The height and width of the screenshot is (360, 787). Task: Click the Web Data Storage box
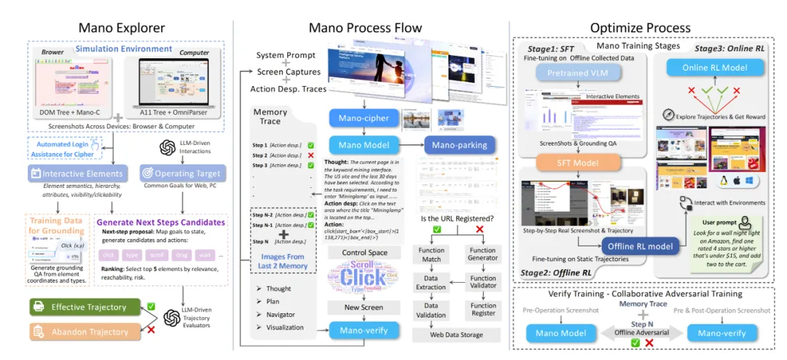tap(458, 334)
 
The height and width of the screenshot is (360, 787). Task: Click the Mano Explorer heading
tap(122, 28)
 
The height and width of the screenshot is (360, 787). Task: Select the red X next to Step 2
tap(311, 156)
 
